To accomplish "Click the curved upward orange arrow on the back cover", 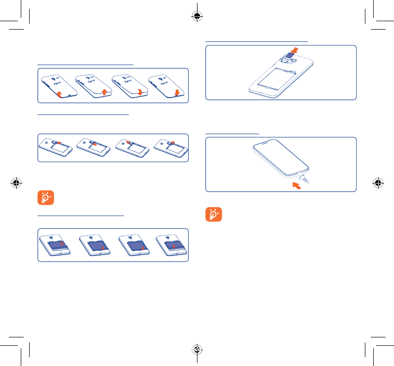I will pyautogui.click(x=60, y=94).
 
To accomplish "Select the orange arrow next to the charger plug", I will pyautogui.click(x=296, y=185).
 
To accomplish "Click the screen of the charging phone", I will pyautogui.click(x=281, y=157).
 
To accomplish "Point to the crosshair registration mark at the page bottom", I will pyautogui.click(x=197, y=350).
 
